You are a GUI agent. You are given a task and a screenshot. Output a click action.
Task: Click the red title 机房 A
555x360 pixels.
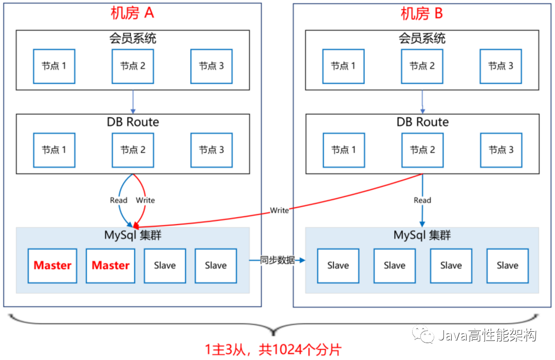pyautogui.click(x=132, y=13)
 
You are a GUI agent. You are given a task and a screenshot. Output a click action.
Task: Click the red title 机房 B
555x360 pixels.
pyautogui.click(x=421, y=13)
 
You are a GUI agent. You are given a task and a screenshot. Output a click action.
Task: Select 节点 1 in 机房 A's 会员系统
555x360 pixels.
pyautogui.click(x=54, y=66)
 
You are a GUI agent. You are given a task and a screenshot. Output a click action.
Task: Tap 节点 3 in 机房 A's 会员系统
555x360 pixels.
pyautogui.click(x=211, y=66)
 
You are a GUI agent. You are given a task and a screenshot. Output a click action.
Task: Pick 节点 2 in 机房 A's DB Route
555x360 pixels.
pyautogui.click(x=133, y=150)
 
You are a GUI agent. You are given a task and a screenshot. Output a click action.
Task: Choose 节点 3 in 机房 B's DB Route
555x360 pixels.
pyautogui.click(x=501, y=150)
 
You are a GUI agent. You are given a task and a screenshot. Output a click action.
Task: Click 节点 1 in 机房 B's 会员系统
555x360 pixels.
pyautogui.click(x=343, y=66)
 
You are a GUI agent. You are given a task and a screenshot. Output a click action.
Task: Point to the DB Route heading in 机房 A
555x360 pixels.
pyautogui.click(x=133, y=122)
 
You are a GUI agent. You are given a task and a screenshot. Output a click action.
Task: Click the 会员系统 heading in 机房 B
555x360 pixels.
pyautogui.click(x=422, y=38)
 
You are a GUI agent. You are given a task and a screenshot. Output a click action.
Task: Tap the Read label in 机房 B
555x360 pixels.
pyautogui.click(x=422, y=200)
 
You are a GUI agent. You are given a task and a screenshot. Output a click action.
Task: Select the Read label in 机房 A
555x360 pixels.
pyautogui.click(x=119, y=200)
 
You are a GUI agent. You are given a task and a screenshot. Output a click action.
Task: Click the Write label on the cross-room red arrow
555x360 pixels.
pyautogui.click(x=280, y=210)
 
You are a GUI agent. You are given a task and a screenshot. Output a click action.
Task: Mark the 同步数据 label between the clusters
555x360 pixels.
pyautogui.click(x=277, y=260)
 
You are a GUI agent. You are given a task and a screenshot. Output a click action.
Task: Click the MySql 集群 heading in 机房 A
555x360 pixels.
pyautogui.click(x=133, y=235)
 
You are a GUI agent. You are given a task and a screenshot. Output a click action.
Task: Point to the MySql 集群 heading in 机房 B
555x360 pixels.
pyautogui.click(x=422, y=235)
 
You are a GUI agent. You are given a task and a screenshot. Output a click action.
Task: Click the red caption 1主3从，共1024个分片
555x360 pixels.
pyautogui.click(x=273, y=350)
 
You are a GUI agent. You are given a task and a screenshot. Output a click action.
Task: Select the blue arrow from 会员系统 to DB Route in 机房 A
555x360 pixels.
pyautogui.click(x=133, y=102)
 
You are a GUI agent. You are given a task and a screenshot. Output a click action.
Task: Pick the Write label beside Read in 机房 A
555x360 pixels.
pyautogui.click(x=145, y=200)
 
